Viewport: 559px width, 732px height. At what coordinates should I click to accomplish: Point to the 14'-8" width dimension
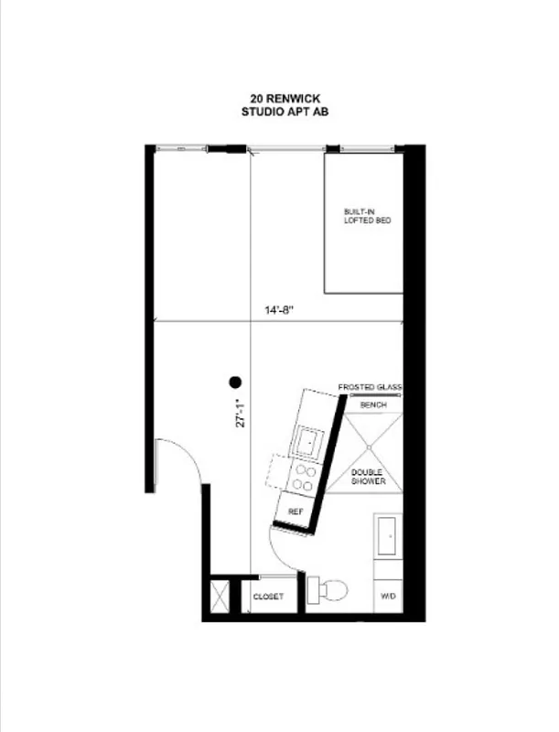coord(279,310)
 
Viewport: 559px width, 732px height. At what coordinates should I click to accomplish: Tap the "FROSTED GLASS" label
coord(370,387)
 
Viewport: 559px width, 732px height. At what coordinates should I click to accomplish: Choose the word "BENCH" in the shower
coord(372,404)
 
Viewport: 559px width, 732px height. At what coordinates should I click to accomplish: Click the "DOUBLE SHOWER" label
coord(369,476)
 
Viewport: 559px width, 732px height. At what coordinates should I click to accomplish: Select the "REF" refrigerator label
coord(295,511)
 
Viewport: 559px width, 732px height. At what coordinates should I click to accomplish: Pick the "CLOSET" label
coord(269,597)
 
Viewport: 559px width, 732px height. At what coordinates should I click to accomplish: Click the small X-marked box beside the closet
coord(220,597)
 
